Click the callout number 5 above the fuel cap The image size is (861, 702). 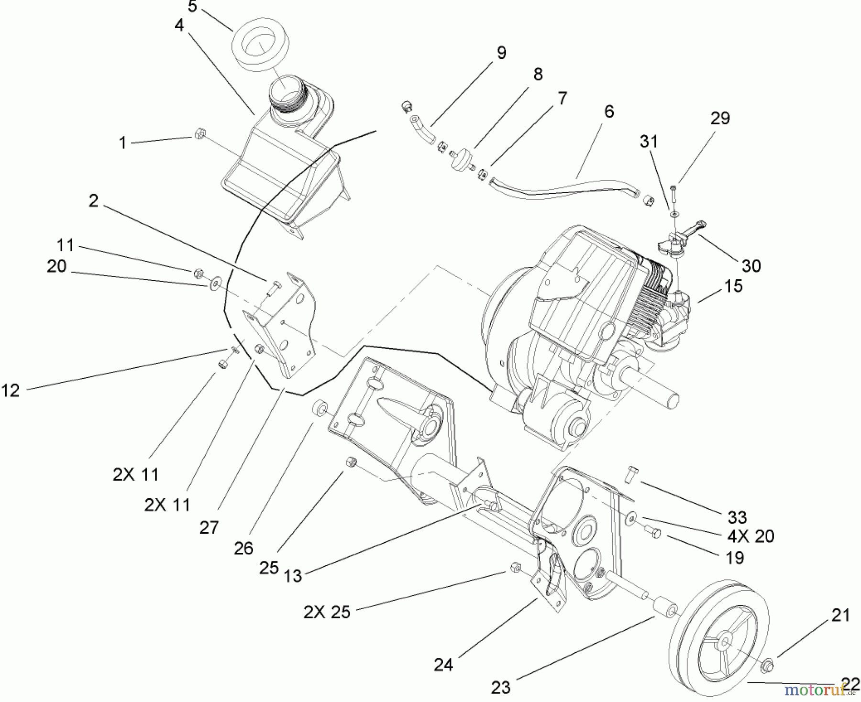point(192,7)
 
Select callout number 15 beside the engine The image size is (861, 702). point(733,286)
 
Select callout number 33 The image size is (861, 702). point(737,517)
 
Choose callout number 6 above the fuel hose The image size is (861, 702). point(608,111)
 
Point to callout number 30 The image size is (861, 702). point(751,265)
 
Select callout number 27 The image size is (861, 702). point(209,527)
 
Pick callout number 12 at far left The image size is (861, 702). point(11,390)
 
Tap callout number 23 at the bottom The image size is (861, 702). point(500,688)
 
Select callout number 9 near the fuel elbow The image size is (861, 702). point(501,52)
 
